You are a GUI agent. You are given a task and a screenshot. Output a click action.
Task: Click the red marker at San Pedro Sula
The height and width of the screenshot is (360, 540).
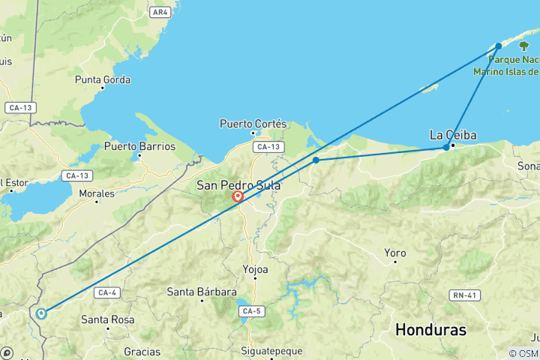238,196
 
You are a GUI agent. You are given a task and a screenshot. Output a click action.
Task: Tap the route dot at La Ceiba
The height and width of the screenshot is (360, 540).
446,147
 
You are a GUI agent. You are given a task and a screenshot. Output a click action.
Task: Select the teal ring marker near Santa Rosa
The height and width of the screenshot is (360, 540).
41,313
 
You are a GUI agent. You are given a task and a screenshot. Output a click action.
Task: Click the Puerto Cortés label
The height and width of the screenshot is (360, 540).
253,123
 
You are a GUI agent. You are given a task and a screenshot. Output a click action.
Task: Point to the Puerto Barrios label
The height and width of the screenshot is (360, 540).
139,146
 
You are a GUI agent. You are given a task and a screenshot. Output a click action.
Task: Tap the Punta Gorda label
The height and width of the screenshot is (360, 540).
103,79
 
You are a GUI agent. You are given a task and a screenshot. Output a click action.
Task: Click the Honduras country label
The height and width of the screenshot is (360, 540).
430,329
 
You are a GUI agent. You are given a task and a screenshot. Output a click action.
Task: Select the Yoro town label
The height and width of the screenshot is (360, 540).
394,253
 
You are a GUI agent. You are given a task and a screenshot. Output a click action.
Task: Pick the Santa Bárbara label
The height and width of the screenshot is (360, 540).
202,292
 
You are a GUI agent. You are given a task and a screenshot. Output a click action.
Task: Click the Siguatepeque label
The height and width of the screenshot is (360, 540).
271,351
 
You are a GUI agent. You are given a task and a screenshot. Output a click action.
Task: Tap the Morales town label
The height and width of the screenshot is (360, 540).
97,193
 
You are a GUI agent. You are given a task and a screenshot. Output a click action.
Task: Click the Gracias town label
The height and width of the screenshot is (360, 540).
142,351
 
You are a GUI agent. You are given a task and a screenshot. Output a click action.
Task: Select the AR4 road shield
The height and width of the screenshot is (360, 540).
159,12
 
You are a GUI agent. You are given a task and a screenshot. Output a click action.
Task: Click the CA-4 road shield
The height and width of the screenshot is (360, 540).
105,292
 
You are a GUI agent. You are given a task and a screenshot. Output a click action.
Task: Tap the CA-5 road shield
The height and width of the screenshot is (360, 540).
247,309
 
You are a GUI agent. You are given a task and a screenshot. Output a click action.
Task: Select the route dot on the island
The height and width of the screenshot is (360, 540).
499,46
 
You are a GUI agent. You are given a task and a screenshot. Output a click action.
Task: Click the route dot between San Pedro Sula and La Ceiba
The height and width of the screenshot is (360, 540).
316,160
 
